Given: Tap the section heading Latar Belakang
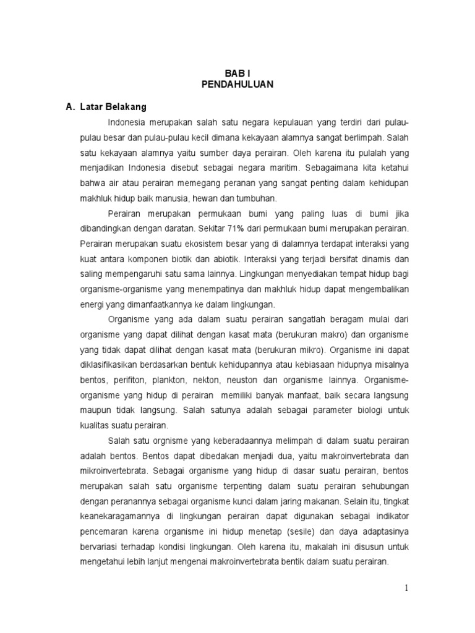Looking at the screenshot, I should (x=113, y=106).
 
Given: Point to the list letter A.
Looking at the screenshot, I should (x=70, y=106).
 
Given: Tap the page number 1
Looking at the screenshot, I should (x=406, y=588).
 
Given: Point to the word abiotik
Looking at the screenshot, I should (x=223, y=258).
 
